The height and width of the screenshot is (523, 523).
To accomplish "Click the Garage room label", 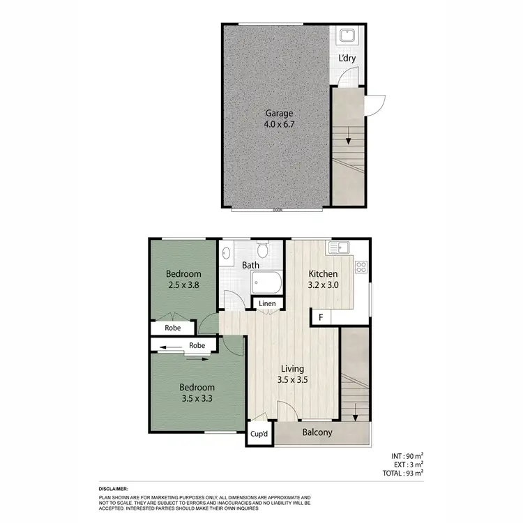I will (x=278, y=114).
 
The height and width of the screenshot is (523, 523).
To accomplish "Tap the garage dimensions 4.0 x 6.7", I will (x=278, y=126).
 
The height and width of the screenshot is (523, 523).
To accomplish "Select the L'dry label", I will (x=347, y=58).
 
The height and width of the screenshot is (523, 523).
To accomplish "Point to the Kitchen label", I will (x=323, y=274).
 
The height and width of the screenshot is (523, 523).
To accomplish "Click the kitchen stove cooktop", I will (x=361, y=266).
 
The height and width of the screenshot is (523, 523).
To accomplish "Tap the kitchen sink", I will (x=342, y=245).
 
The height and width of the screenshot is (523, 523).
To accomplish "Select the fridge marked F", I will (x=321, y=317).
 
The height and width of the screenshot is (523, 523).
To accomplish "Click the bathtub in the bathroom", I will (x=266, y=283).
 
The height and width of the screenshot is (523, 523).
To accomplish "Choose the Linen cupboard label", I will (x=267, y=304).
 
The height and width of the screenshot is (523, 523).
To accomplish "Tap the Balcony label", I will (x=317, y=432).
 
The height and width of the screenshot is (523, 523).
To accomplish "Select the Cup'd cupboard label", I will (x=259, y=434).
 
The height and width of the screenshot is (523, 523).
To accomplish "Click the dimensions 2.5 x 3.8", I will (x=183, y=286).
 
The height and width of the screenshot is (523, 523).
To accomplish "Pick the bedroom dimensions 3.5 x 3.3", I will (x=197, y=400).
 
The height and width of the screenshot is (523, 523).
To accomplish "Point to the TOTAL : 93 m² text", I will (x=403, y=473).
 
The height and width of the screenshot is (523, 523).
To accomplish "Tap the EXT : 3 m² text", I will (x=408, y=464).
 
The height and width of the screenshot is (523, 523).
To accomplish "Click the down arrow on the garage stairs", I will (x=347, y=141).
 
